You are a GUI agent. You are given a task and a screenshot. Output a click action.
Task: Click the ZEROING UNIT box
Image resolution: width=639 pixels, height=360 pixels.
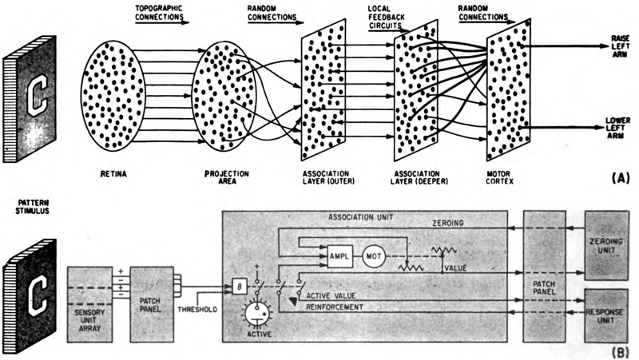[x=610, y=244]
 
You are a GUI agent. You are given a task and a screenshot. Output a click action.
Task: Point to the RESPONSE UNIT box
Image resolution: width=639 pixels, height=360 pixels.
[x=610, y=312]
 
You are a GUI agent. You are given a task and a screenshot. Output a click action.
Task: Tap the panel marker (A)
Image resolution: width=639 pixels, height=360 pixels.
[x=617, y=180]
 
